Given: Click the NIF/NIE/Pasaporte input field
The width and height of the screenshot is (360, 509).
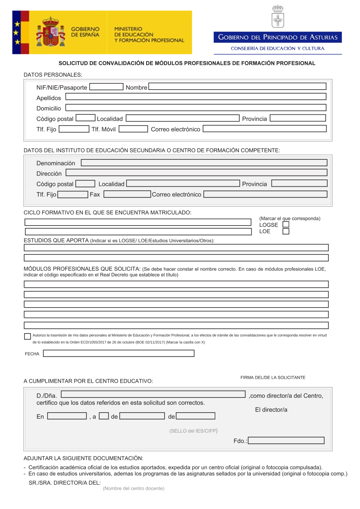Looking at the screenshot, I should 106,87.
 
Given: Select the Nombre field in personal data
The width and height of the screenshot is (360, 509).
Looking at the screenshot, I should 237,86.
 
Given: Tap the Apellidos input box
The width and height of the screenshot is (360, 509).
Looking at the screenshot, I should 196,97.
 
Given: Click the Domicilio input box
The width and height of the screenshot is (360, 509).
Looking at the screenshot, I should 196,108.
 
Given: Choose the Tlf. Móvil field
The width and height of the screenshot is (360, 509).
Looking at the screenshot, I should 133,129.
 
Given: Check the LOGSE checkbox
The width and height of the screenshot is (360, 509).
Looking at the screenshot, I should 286,224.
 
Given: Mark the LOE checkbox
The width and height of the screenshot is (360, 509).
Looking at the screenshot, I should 286,231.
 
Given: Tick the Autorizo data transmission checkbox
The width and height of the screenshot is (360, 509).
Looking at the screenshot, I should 27,336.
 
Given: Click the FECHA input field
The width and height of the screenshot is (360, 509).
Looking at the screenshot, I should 118,354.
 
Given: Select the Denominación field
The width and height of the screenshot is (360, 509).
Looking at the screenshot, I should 204,163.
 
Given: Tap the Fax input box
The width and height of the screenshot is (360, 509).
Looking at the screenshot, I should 127,194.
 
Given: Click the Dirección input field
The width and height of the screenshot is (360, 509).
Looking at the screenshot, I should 196,173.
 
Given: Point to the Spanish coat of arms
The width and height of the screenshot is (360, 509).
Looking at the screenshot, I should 51,32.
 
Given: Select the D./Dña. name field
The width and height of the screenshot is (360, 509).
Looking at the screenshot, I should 153,394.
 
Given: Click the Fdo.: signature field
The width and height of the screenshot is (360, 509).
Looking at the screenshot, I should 286,441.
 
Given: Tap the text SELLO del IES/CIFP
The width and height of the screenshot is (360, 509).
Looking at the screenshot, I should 193,431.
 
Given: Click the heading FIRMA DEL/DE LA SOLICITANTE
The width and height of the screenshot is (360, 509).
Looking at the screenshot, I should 273,378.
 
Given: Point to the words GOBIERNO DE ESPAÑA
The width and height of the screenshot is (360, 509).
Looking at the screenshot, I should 85,32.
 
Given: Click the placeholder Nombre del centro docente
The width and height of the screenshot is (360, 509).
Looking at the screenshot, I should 134,488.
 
